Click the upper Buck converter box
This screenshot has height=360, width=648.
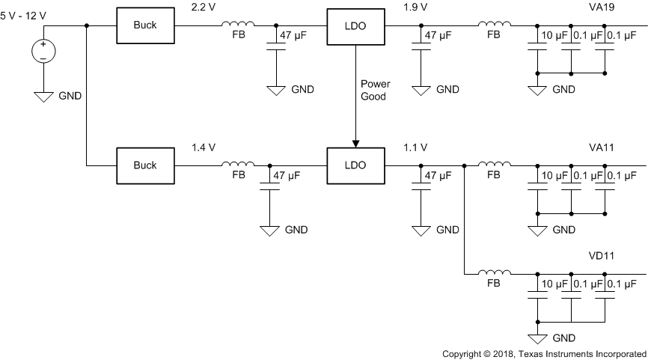[144, 26]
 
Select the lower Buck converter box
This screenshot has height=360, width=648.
[144, 165]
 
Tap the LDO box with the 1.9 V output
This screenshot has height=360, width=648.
[355, 26]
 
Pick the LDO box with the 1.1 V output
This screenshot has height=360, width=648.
[355, 165]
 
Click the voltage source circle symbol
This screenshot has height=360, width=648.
[43, 52]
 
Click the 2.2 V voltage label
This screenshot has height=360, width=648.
[205, 7]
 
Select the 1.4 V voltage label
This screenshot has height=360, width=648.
[205, 148]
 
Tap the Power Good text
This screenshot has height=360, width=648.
[373, 90]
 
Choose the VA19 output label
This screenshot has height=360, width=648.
[603, 7]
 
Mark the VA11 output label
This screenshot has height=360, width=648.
[602, 148]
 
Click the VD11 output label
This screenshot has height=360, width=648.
[602, 256]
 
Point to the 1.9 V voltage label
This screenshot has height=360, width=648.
[416, 7]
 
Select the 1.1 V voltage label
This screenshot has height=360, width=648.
[416, 148]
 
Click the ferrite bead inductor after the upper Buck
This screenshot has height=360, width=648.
[238, 25]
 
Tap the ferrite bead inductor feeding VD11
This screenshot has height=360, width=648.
[494, 273]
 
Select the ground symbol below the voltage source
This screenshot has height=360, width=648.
[43, 95]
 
